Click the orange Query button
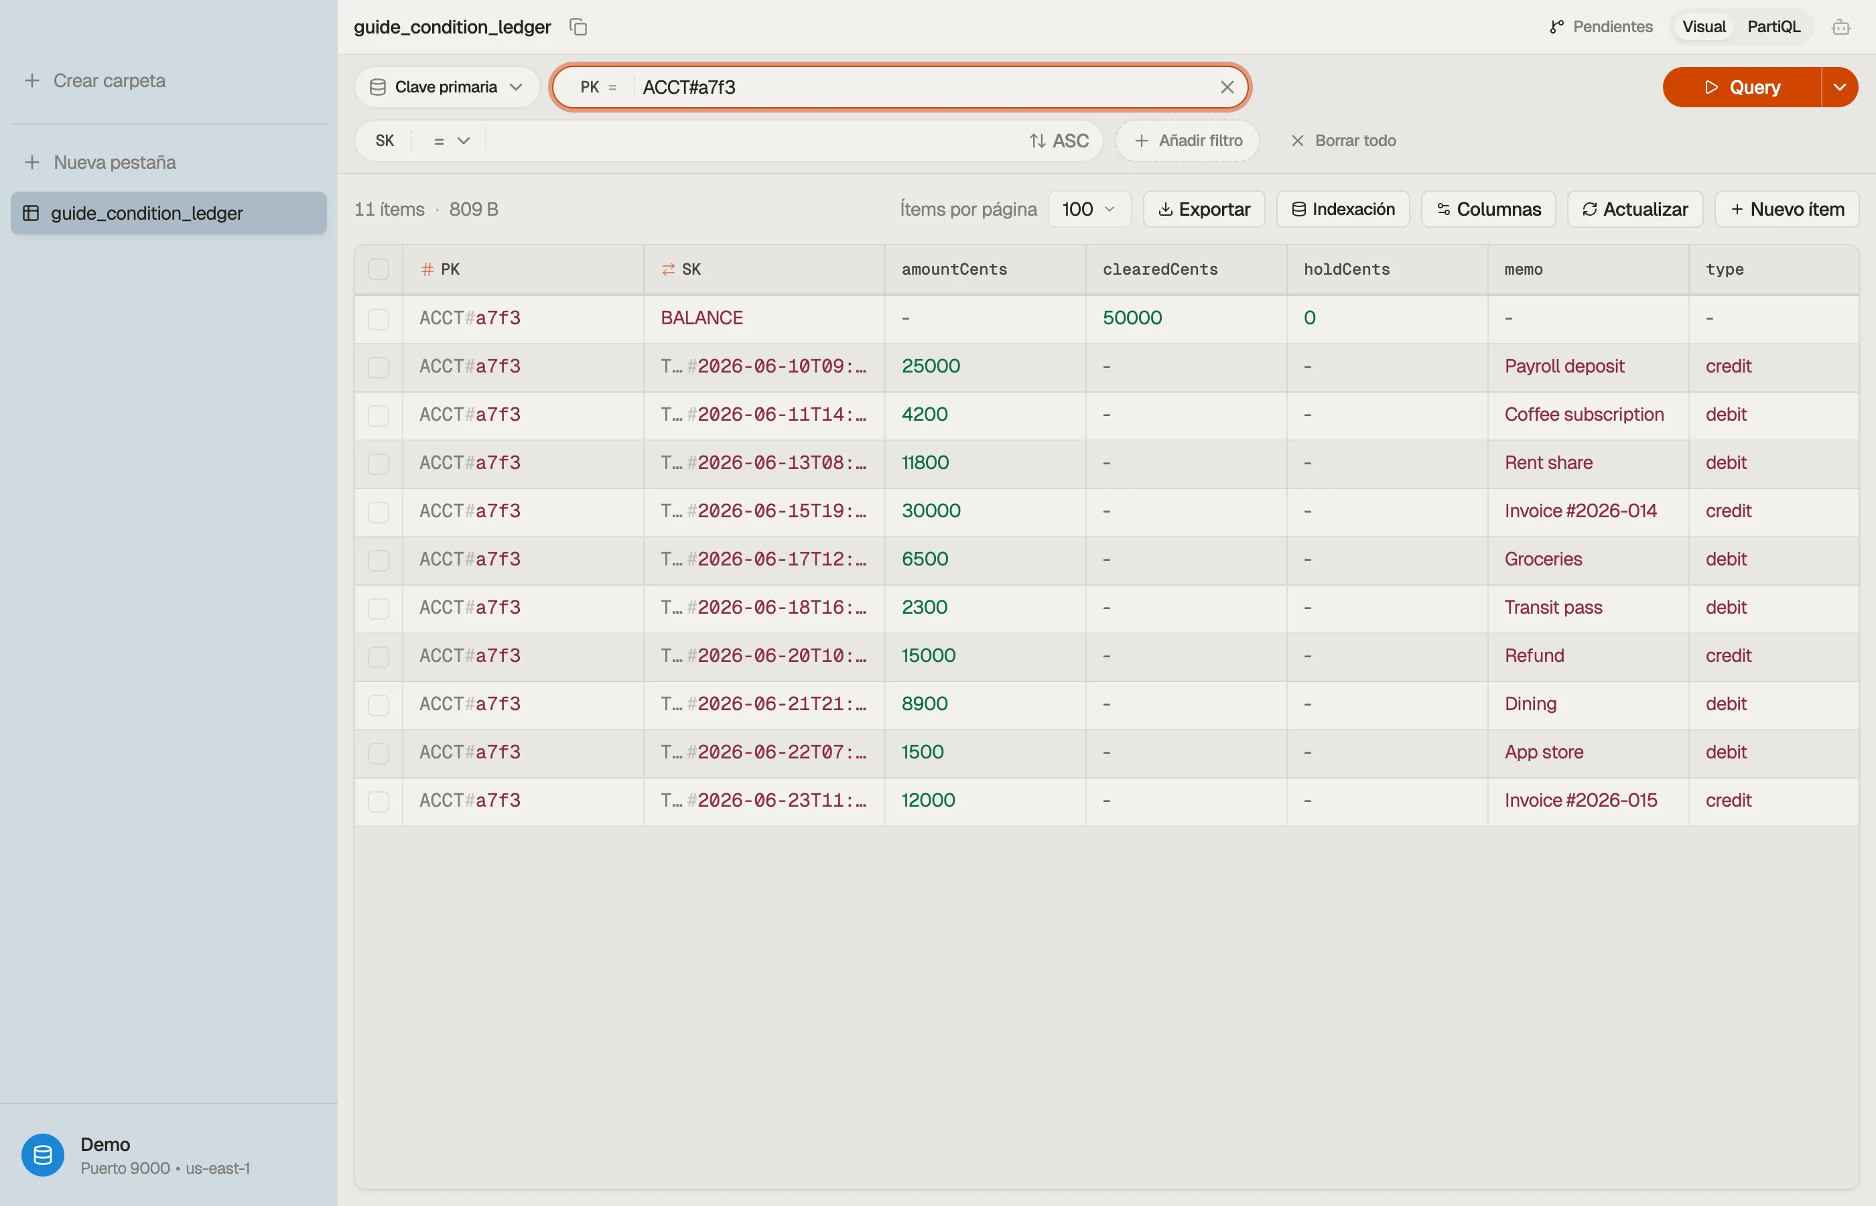[x=1741, y=87]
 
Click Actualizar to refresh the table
[x=1635, y=209]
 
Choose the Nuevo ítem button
[x=1787, y=209]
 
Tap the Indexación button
[x=1343, y=209]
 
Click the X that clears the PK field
[x=1227, y=87]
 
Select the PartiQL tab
[x=1773, y=27]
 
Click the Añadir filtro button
[x=1188, y=141]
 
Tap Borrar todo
[x=1343, y=141]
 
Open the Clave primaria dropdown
[x=446, y=87]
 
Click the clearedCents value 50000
[x=1132, y=318]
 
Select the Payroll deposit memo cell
[x=1564, y=366]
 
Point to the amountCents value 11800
[x=925, y=463]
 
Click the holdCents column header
[x=1347, y=269]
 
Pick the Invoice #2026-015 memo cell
[x=1581, y=801]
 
